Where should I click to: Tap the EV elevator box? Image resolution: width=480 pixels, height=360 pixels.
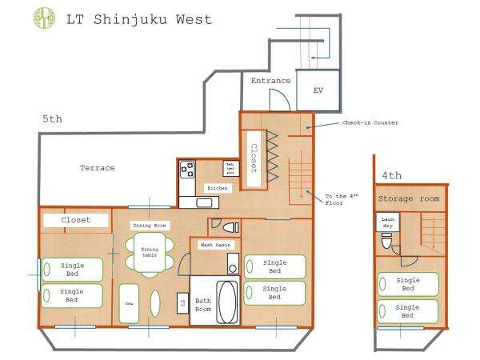pos(318,90)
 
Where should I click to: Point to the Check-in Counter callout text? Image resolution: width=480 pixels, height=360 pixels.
pos(370,122)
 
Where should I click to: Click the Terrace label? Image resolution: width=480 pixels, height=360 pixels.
pos(97,168)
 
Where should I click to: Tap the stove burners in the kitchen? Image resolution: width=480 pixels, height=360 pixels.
pos(187,168)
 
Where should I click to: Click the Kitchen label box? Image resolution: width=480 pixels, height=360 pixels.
pos(218,188)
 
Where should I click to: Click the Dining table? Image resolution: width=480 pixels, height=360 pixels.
pos(150,254)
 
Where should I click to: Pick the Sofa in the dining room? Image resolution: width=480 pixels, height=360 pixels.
pos(129,304)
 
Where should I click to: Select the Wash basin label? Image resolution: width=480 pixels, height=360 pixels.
pos(215,244)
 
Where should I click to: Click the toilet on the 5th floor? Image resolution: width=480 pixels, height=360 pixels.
pos(227,226)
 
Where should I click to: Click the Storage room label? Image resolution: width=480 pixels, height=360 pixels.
pos(410,198)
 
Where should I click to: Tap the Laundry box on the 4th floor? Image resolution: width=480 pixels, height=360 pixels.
pos(387,222)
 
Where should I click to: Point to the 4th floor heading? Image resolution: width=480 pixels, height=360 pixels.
pos(391,174)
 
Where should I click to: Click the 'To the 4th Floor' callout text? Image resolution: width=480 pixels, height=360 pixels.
pos(340,199)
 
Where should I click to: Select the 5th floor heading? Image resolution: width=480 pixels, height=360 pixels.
pos(52,119)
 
